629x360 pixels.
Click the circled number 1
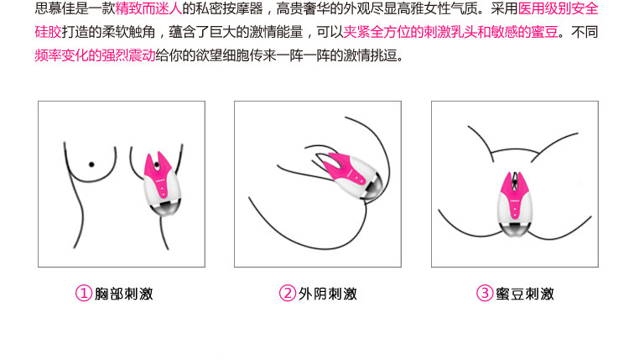coord(83,294)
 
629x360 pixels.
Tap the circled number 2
coord(287,294)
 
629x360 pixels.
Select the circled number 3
coord(485,294)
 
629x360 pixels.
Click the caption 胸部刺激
coord(124,294)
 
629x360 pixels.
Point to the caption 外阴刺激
coord(328,294)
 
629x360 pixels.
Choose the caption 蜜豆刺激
coord(525,294)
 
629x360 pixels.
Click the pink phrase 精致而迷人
coord(148,8)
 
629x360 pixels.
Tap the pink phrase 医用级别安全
coord(558,8)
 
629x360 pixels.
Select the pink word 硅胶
coord(48,32)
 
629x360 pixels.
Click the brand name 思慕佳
coord(55,8)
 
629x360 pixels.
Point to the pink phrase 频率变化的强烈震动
coord(95,55)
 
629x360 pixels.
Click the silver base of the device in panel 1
coord(165,209)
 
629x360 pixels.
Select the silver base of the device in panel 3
coord(516,228)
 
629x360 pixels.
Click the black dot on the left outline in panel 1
coord(91,164)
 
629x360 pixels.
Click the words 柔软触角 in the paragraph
coord(129,32)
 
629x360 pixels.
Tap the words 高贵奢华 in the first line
coord(304,8)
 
